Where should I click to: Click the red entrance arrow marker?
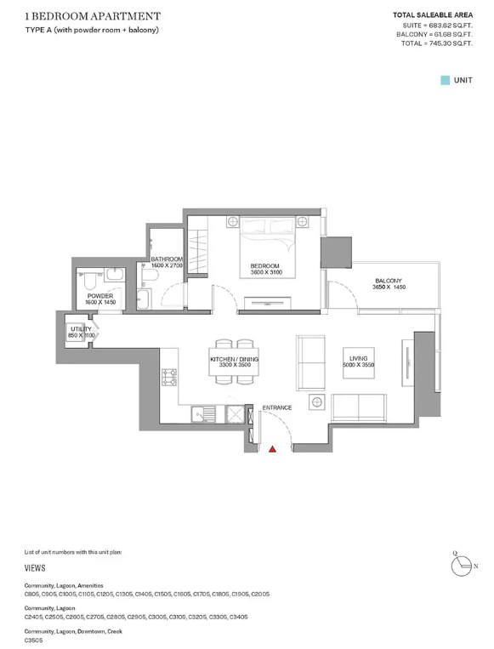272,448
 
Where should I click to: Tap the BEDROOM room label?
264,265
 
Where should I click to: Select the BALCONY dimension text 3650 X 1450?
389,287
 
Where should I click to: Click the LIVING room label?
358,358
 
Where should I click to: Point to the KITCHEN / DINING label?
234,359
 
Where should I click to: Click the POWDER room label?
100,296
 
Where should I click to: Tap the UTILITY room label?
81,329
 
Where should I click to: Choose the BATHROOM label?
167,259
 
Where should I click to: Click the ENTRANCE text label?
277,407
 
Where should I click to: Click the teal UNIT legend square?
446,80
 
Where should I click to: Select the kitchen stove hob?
170,377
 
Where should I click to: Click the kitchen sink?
203,414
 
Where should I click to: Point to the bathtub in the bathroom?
144,299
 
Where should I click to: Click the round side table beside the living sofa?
317,401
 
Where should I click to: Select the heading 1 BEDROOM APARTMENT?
93,16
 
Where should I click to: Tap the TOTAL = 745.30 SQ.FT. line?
436,43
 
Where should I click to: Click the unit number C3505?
33,640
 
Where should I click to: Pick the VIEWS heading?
35,568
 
